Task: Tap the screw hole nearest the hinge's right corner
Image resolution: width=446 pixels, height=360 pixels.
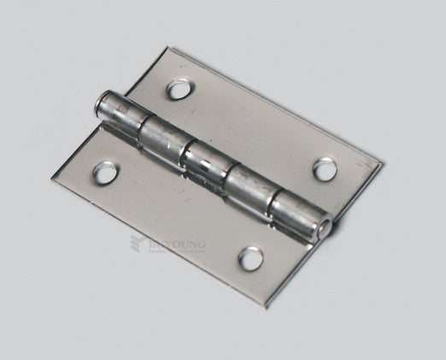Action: pos(325,168)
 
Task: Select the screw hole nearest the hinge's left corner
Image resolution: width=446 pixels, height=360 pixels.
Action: pos(104,174)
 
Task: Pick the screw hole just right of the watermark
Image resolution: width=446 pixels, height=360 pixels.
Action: pos(250,257)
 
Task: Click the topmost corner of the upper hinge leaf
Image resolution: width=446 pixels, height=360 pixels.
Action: pos(168,50)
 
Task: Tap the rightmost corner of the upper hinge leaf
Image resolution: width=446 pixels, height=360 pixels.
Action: pos(381,160)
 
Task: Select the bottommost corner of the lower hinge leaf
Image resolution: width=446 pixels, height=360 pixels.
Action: pos(266,306)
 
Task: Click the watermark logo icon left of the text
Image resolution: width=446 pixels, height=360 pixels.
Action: pos(137,244)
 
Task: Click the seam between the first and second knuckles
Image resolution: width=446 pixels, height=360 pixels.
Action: pos(138,125)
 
